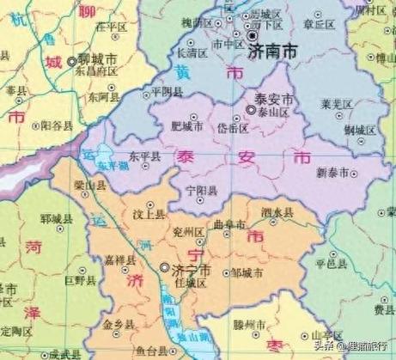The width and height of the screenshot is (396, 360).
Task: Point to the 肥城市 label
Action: tap(187, 126)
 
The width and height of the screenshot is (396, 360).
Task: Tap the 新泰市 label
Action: tap(332, 173)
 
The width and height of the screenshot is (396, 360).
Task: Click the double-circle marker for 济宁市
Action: tap(164, 267)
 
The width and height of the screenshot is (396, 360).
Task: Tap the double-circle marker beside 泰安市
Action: tap(251, 111)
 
